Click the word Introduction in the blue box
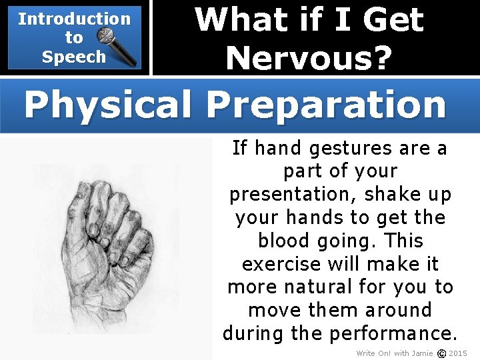(x=74, y=19)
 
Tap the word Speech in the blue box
(x=73, y=57)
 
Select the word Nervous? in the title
(x=308, y=58)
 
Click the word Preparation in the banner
(x=326, y=104)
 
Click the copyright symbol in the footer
(x=440, y=353)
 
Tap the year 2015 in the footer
(x=458, y=353)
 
